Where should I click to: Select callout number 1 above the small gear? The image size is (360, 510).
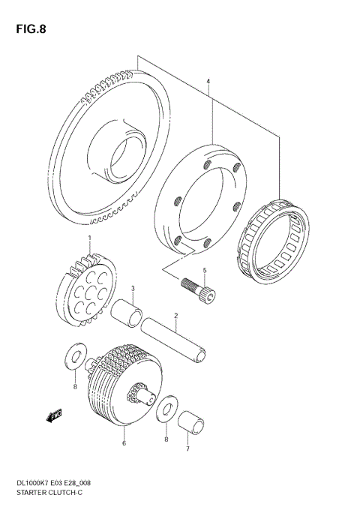click(x=90, y=238)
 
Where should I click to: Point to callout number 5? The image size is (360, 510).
click(x=203, y=270)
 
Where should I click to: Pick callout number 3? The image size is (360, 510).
click(x=132, y=288)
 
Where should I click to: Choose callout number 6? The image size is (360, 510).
click(x=124, y=443)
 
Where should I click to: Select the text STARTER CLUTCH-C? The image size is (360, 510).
click(x=49, y=497)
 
